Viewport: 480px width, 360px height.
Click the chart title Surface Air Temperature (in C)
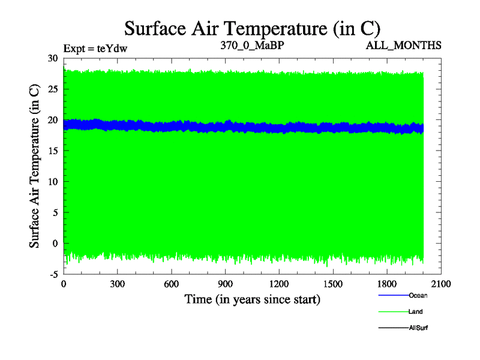coord(252,28)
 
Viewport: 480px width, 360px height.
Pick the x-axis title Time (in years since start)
coord(252,299)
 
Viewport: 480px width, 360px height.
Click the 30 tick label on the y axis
coord(52,58)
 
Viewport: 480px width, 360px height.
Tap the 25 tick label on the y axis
coord(52,89)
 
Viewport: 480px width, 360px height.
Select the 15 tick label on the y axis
coord(52,151)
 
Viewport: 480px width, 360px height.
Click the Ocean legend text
coord(418,295)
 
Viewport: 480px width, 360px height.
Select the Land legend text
coord(416,312)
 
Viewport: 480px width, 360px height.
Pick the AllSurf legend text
coord(419,328)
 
